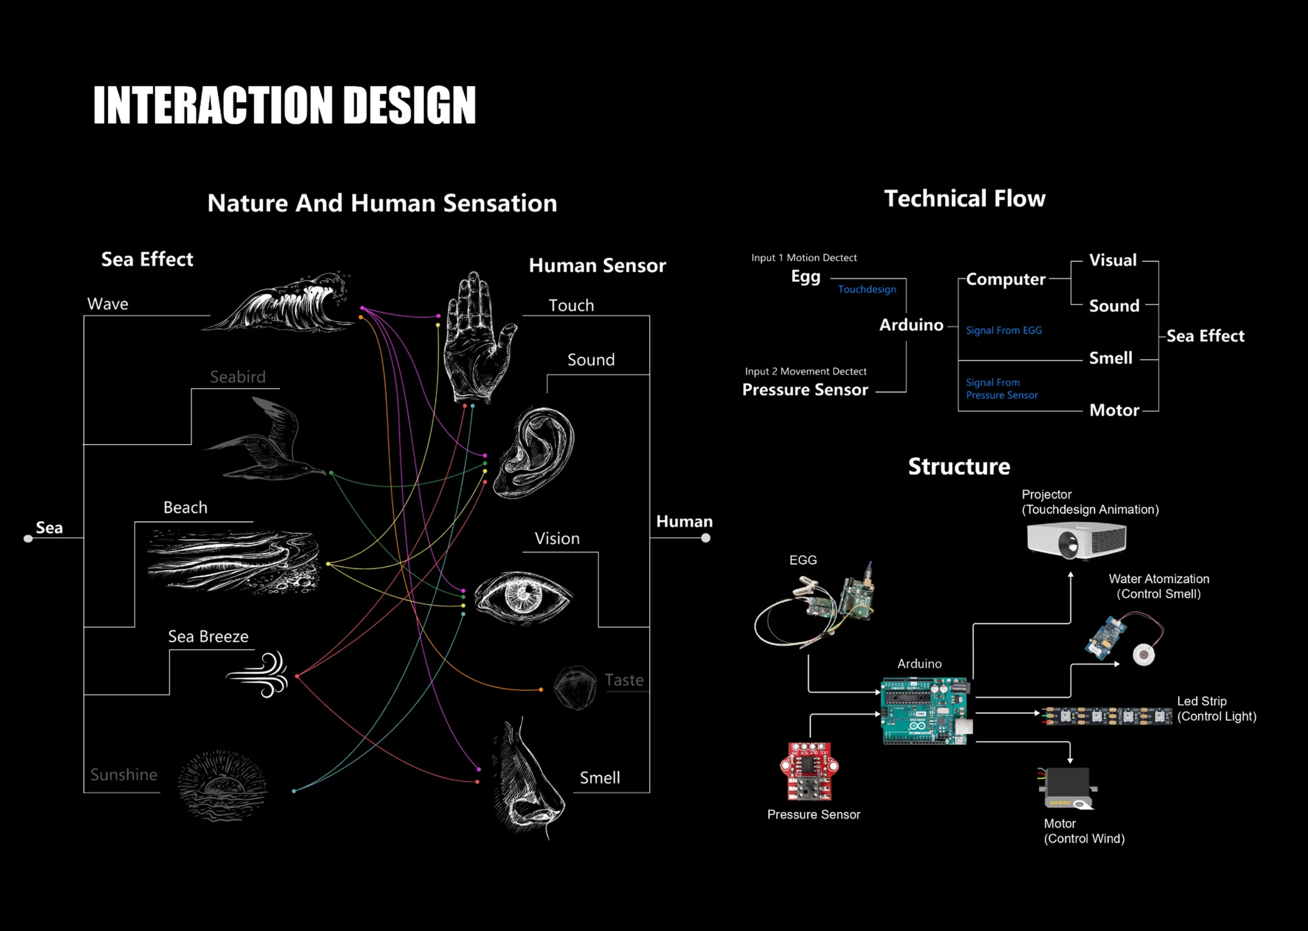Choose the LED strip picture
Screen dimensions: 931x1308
[1106, 716]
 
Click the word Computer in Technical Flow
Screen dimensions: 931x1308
[1006, 279]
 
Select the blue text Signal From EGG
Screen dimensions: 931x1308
[1003, 330]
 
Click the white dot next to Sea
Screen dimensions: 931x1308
[28, 538]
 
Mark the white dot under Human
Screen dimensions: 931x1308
[706, 538]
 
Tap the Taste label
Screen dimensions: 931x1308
[624, 680]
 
